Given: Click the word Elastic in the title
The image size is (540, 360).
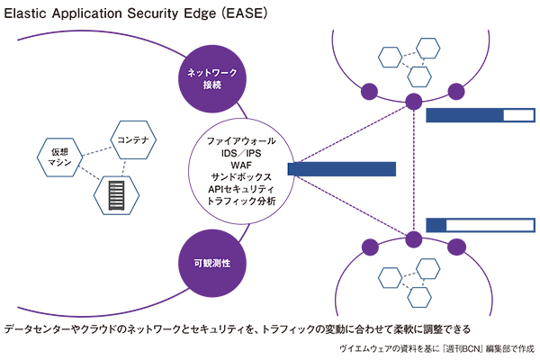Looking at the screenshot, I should [26, 15].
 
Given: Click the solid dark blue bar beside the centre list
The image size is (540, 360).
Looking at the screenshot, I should [342, 169].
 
